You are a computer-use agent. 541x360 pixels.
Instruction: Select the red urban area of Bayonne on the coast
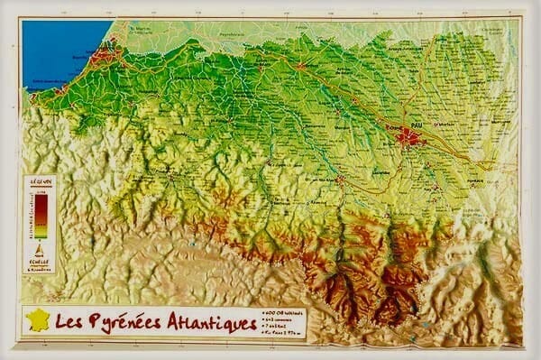coord(105,56)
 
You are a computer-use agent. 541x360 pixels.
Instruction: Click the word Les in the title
coord(67,321)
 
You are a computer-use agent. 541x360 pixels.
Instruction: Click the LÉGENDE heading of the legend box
coord(40,181)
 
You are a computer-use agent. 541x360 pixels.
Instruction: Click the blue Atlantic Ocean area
coord(59,50)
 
